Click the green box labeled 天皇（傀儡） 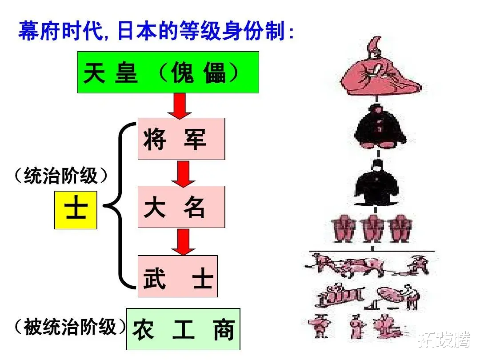[x=168, y=72]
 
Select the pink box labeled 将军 [x=181, y=139]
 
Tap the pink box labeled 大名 [x=181, y=207]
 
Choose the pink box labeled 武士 [x=177, y=276]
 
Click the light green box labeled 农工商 [x=183, y=329]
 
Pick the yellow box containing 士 [x=76, y=210]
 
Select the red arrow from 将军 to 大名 [x=183, y=173]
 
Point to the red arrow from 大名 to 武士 [x=183, y=242]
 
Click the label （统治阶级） [x=61, y=176]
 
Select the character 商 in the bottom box [x=223, y=330]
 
